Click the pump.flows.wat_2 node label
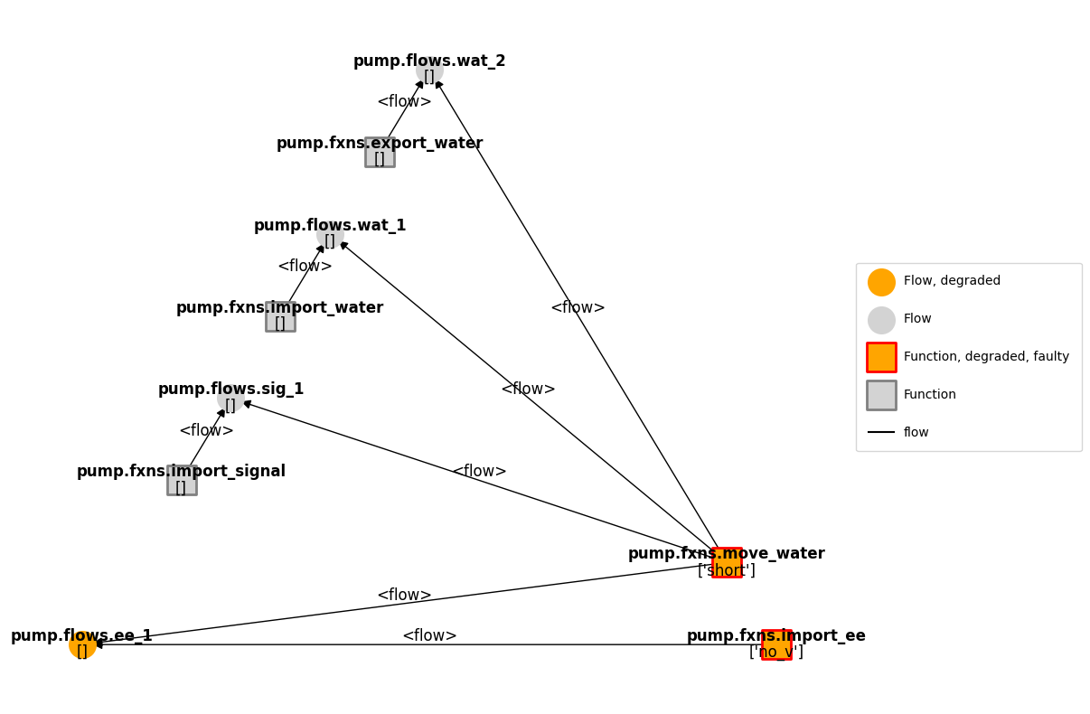coord(429,61)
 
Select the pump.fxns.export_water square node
coord(380,153)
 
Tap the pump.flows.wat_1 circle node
coord(330,235)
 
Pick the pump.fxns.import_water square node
coord(280,317)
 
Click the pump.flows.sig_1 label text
coord(230,390)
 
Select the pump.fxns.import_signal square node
coord(182,481)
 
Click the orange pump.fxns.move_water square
coord(727,562)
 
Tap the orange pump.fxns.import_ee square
coord(776,644)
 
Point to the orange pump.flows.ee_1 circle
coord(82,644)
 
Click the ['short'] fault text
coord(727,571)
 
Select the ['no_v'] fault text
coord(776,653)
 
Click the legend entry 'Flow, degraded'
coord(952,281)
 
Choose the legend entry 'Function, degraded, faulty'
coord(986,357)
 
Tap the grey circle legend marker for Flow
coord(881,320)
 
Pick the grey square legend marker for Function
coord(881,395)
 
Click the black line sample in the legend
coord(881,432)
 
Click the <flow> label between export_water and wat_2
coord(404,102)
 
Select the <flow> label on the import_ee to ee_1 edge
coord(429,636)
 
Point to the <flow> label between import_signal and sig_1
coord(206,431)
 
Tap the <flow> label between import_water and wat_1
coord(305,267)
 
